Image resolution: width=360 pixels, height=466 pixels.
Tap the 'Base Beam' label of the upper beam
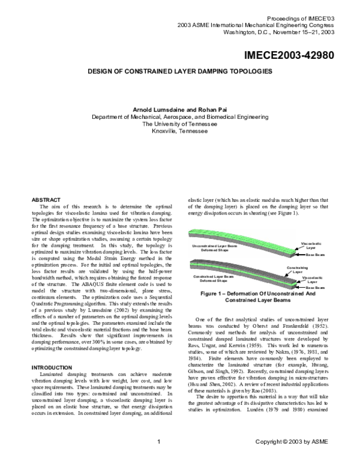(x=316, y=256)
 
